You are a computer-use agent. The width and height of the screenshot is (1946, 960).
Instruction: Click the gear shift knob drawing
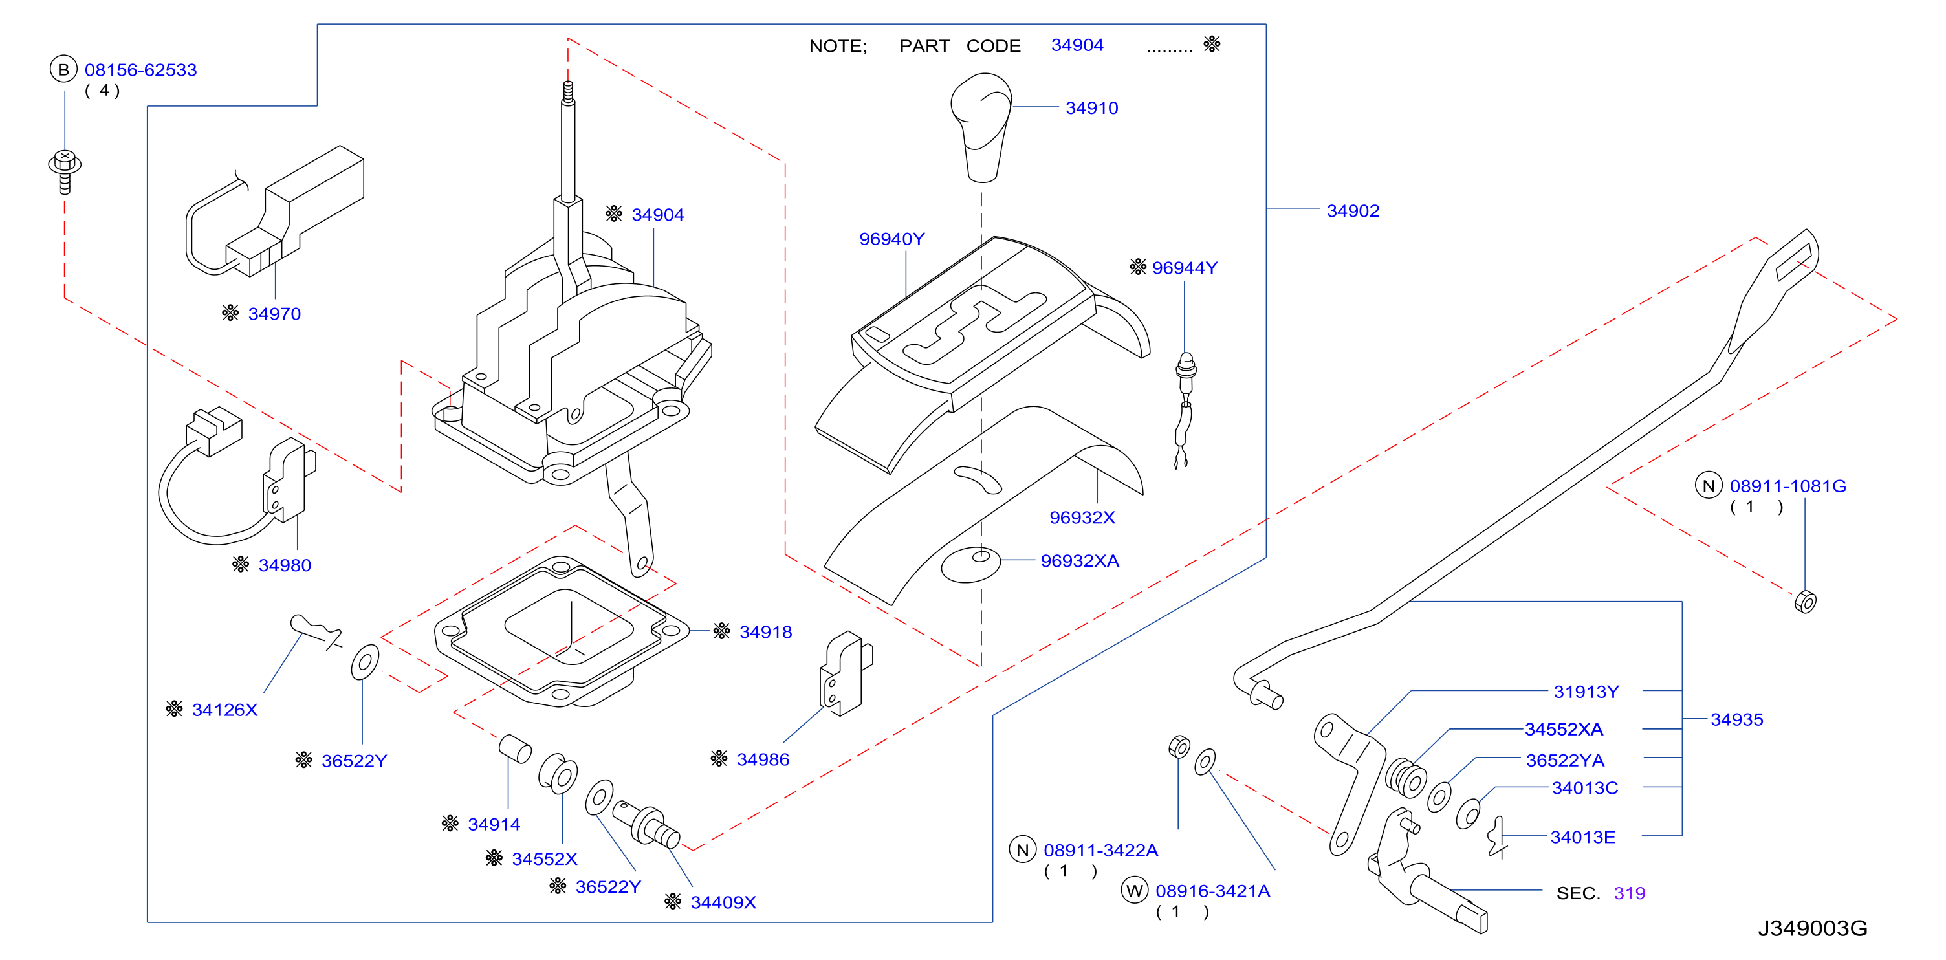[x=981, y=127]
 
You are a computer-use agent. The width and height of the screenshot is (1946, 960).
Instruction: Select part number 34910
[x=1091, y=108]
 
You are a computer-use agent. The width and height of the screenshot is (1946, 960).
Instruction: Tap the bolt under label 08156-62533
[x=65, y=171]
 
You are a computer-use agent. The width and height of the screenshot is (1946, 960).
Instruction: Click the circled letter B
[x=63, y=69]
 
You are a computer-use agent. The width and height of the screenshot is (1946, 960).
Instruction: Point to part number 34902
[x=1353, y=211]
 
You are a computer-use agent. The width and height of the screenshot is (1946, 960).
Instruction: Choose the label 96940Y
[x=891, y=239]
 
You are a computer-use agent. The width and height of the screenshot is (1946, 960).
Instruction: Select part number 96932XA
[x=1080, y=560]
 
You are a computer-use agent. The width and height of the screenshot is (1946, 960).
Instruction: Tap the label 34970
[x=274, y=314]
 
